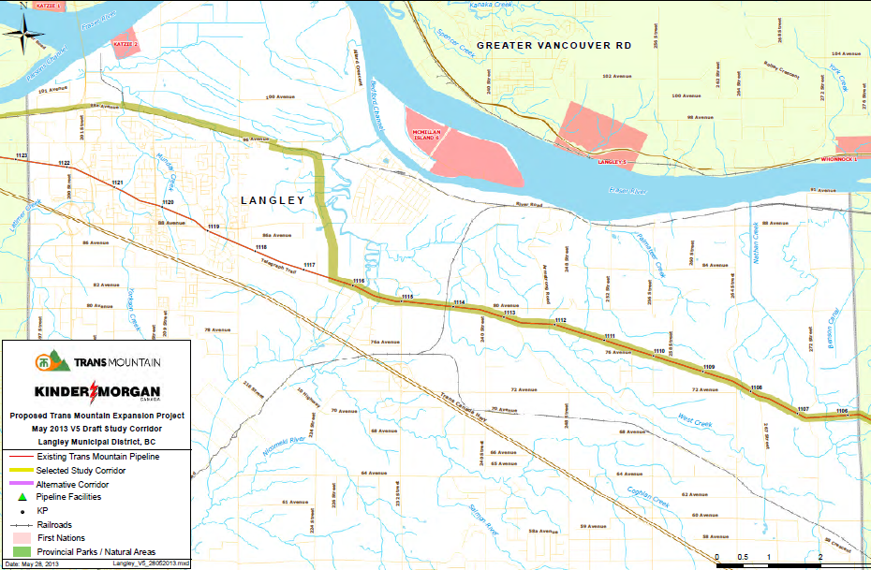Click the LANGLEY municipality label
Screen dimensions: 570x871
273,200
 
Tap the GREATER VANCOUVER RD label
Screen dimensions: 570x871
554,45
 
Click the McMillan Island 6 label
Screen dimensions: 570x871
427,137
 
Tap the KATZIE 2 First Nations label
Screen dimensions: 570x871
125,44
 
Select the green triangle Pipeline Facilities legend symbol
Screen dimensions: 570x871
19,497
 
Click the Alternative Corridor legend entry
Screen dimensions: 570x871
71,484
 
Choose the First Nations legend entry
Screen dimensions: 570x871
61,538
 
